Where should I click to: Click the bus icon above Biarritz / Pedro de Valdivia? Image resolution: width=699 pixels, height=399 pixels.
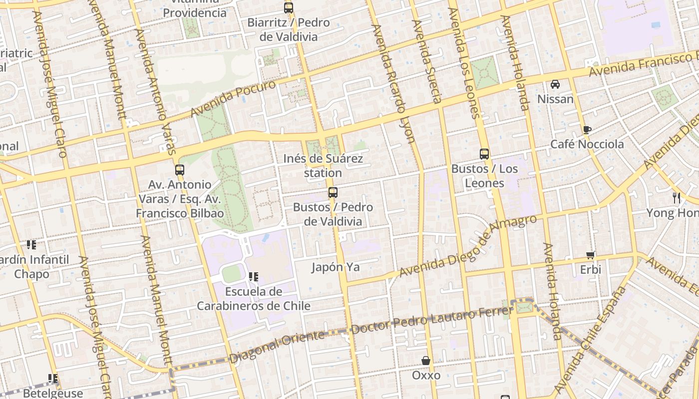coord(289,8)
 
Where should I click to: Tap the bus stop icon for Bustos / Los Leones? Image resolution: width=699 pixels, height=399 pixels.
coord(484,154)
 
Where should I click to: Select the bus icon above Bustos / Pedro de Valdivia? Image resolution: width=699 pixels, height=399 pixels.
coord(333,193)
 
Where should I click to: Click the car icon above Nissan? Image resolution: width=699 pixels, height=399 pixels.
coord(555,84)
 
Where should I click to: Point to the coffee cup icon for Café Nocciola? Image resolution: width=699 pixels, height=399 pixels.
coord(587,130)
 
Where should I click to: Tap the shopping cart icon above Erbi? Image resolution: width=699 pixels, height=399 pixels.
coord(591,255)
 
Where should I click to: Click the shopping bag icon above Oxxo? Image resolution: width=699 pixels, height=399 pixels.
coord(426,361)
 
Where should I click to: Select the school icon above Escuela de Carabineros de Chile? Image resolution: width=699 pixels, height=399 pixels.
coord(254,276)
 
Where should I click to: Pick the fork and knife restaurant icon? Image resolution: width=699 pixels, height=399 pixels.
coord(677,198)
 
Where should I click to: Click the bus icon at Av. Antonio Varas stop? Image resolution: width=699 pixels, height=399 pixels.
coord(180,170)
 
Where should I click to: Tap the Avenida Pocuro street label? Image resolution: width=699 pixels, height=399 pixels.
coord(233,99)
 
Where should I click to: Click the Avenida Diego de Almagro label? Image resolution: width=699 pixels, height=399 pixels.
coord(468,246)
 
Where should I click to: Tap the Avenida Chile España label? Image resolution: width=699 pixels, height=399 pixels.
coord(590,339)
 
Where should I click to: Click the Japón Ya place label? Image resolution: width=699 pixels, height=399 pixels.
coord(336,267)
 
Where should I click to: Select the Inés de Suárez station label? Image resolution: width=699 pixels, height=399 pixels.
coord(323,166)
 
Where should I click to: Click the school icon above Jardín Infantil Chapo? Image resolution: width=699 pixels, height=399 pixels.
coord(31,245)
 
